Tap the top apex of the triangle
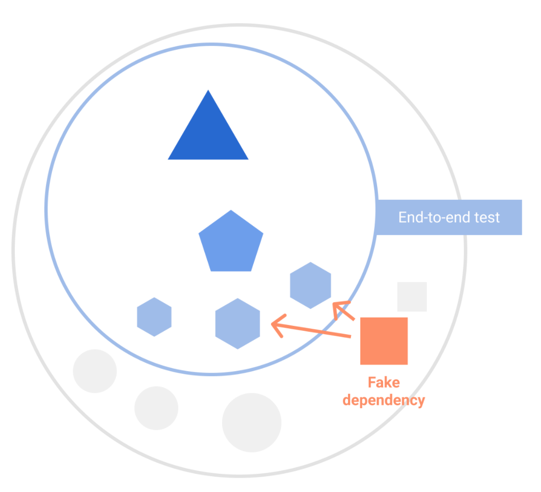(x=208, y=91)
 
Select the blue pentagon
(x=231, y=244)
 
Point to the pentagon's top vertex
(x=231, y=211)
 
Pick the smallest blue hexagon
(x=155, y=317)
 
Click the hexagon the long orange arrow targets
(x=237, y=324)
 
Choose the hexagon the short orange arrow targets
(x=310, y=285)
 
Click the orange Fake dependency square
(x=384, y=341)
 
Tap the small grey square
(x=412, y=297)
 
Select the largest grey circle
(x=252, y=422)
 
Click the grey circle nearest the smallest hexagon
(x=95, y=371)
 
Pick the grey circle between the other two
(x=156, y=408)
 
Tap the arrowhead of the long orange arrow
(x=274, y=324)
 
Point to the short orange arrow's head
(x=336, y=305)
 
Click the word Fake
(x=384, y=383)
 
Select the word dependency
(x=384, y=400)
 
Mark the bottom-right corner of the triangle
(x=247, y=159)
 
